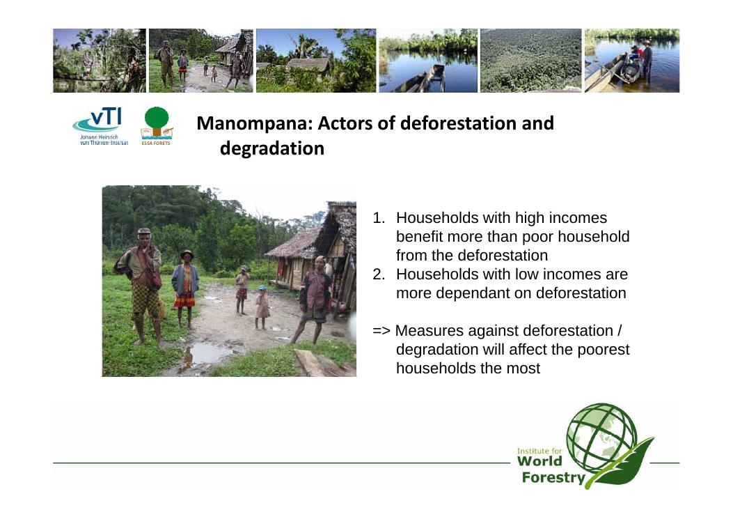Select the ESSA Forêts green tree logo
click(x=157, y=126)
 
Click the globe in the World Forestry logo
click(x=601, y=437)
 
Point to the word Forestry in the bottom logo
click(x=553, y=478)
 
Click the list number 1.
click(x=378, y=218)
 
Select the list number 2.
click(x=378, y=274)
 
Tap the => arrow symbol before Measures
click(x=381, y=331)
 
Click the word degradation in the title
click(x=272, y=148)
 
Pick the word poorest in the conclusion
click(x=604, y=350)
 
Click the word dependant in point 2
click(x=482, y=293)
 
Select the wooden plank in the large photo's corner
click(x=322, y=364)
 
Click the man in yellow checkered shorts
click(x=141, y=286)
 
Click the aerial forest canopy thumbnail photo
click(x=531, y=61)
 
